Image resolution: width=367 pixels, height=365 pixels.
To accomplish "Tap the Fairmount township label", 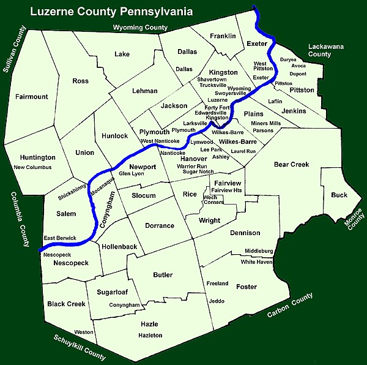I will (x=32, y=97).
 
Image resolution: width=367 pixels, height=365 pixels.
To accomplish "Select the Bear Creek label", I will (x=291, y=164).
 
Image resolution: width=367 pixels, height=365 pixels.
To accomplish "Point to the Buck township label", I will (x=339, y=195).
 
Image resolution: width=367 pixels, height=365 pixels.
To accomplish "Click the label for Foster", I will (x=247, y=287).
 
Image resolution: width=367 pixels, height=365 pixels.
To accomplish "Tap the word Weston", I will (x=84, y=332).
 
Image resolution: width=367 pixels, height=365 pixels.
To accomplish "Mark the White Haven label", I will (x=256, y=262).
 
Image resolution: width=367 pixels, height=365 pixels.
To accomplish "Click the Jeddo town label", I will (x=217, y=301).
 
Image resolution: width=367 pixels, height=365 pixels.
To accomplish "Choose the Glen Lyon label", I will (x=131, y=174).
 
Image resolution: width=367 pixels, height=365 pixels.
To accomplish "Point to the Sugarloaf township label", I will (x=113, y=292).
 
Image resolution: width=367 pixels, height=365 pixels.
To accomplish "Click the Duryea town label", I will (x=288, y=59).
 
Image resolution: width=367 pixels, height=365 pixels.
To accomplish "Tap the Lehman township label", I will (x=145, y=91).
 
